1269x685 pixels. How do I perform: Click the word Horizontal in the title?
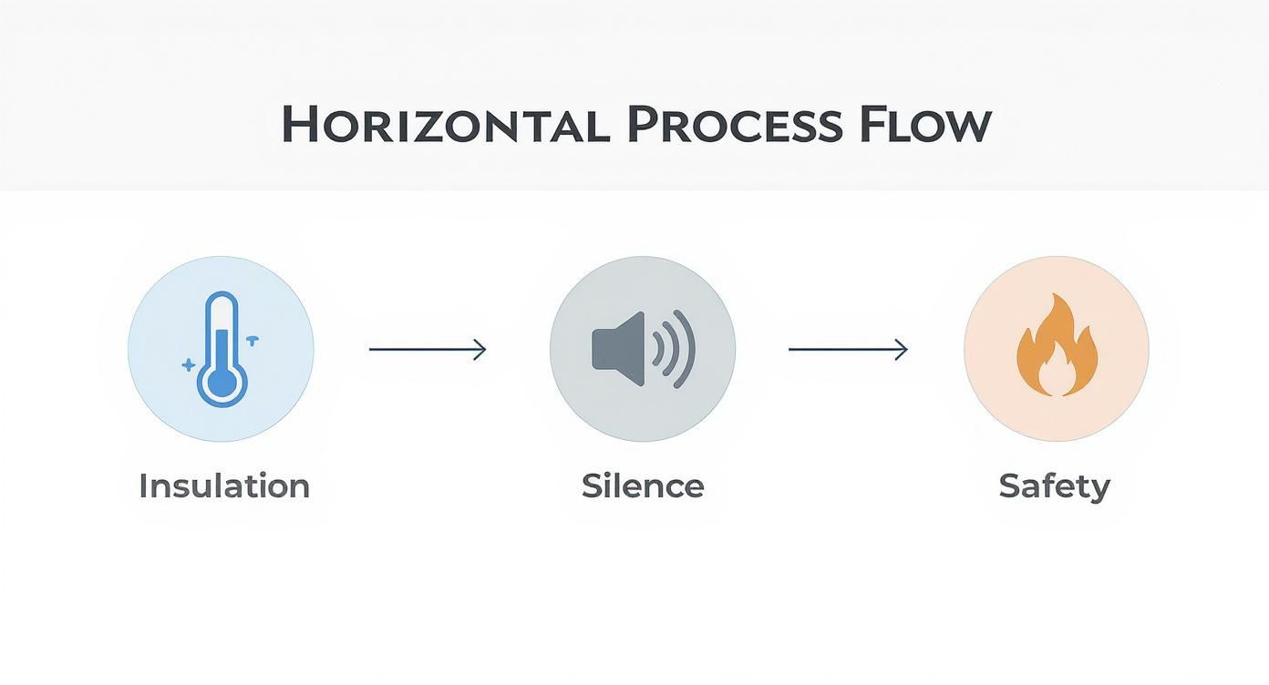click(445, 123)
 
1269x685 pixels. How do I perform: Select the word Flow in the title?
click(925, 123)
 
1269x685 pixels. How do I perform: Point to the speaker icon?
click(644, 349)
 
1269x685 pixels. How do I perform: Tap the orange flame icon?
click(1057, 344)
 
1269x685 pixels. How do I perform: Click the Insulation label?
click(224, 486)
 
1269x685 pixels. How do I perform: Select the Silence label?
click(643, 486)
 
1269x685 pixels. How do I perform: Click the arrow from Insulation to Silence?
click(428, 349)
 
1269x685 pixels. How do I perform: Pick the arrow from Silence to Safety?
click(848, 349)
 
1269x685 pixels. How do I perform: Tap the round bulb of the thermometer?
click(222, 383)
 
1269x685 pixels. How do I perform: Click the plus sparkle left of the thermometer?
click(188, 365)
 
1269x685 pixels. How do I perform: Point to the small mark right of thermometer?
click(253, 341)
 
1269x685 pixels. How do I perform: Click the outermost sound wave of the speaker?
click(686, 349)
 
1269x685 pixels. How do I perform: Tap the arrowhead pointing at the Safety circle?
click(902, 349)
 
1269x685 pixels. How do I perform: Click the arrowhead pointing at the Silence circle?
click(480, 349)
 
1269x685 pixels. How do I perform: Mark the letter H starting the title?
click(298, 123)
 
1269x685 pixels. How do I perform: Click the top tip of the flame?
click(1053, 293)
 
